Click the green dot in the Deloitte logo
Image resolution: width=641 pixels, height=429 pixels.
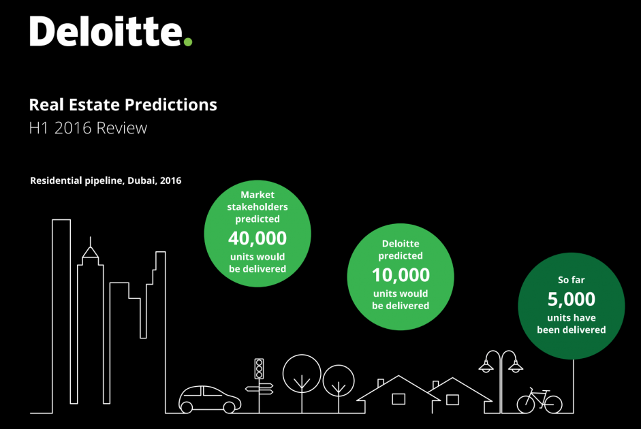[x=187, y=42]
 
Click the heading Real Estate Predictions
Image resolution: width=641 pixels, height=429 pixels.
[x=123, y=105]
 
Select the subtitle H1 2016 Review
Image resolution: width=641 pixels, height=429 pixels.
[x=88, y=128]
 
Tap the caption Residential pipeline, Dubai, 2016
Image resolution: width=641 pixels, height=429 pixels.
[x=106, y=180]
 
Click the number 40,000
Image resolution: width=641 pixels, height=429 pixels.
[x=257, y=238]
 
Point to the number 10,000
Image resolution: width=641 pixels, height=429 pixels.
[x=401, y=275]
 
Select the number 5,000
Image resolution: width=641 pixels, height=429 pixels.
[x=572, y=300]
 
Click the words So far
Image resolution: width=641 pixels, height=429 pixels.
[x=572, y=280]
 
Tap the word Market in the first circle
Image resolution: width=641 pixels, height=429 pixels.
[x=257, y=195]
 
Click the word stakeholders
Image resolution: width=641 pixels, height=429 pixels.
[x=257, y=207]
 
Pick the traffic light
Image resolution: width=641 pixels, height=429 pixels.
[x=259, y=369]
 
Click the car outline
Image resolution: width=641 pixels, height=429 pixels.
[x=210, y=399]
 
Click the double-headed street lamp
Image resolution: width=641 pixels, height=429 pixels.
[x=501, y=381]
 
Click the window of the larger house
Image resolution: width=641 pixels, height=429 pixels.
[x=398, y=399]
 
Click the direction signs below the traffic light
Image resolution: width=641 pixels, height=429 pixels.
[x=259, y=389]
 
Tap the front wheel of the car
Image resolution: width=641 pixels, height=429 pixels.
[x=230, y=407]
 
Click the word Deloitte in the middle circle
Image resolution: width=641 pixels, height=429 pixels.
[x=401, y=244]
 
